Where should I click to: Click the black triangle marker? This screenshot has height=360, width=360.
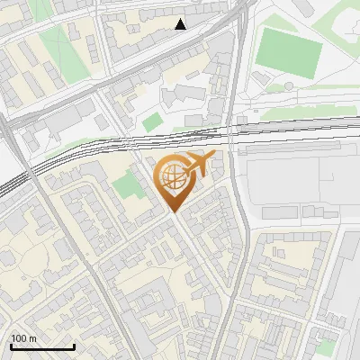tap(181, 23)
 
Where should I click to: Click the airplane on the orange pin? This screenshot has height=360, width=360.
tap(197, 165)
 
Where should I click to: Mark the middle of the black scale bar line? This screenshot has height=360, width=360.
tap(42, 347)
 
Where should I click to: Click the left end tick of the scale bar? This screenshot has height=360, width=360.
tap(11, 346)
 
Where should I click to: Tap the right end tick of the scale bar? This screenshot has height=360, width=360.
tap(74, 346)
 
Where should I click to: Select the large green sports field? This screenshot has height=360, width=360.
tap(288, 51)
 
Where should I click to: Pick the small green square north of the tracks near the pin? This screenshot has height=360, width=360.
tap(152, 120)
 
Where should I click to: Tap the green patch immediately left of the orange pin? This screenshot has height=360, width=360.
tap(129, 185)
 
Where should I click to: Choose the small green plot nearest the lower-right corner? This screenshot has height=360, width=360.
tap(326, 346)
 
